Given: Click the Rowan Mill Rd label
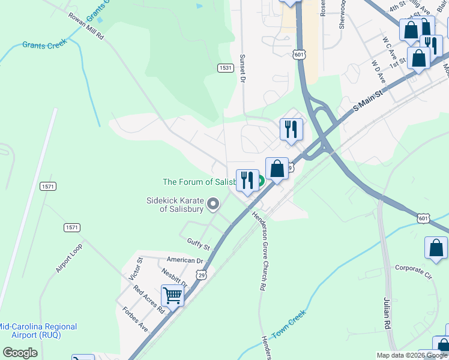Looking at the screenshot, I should (86, 26).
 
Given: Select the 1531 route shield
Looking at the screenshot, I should (225, 68).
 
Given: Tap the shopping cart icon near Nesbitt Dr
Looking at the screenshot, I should (172, 295).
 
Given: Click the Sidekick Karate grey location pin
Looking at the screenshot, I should (212, 205).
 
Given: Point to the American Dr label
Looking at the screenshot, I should (185, 260).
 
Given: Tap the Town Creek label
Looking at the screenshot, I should (289, 325).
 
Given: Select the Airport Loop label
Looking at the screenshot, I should (69, 259).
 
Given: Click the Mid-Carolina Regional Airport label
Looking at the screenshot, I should (38, 331).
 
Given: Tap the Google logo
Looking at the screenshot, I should (20, 353).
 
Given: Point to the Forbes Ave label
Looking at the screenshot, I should (134, 318).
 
